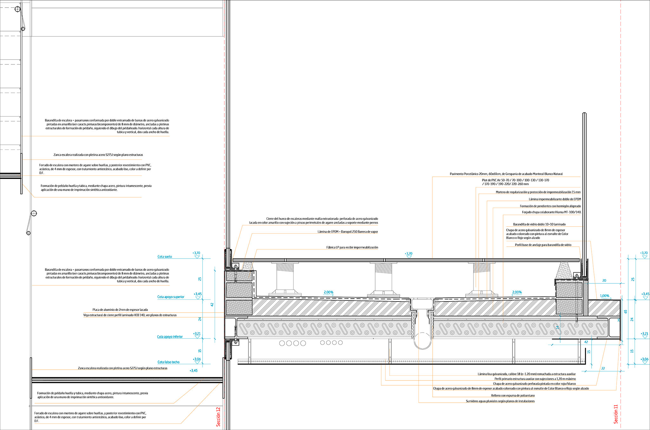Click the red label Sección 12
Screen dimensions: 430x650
click(x=218, y=417)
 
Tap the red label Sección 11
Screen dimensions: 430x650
click(x=616, y=414)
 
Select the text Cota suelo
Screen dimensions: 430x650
click(x=165, y=257)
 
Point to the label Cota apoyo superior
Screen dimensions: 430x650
click(x=171, y=297)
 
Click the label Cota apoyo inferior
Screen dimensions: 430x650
click(x=170, y=337)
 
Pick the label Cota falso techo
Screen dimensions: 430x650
click(x=169, y=362)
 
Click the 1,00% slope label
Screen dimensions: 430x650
click(x=605, y=296)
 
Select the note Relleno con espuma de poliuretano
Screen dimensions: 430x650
click(x=513, y=396)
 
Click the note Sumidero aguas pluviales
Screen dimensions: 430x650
click(x=500, y=401)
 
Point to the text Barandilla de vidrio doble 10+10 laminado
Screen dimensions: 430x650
click(x=539, y=224)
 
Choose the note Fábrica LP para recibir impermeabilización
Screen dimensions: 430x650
click(x=352, y=248)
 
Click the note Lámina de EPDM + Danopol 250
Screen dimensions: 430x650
click(x=348, y=232)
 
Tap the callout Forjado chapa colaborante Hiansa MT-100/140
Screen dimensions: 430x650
click(x=552, y=212)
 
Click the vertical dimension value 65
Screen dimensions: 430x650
click(x=626, y=312)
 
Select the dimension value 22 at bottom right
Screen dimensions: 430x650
click(x=603, y=368)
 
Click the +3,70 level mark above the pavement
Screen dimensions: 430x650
click(x=408, y=254)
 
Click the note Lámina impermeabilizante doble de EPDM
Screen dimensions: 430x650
click(x=555, y=199)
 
